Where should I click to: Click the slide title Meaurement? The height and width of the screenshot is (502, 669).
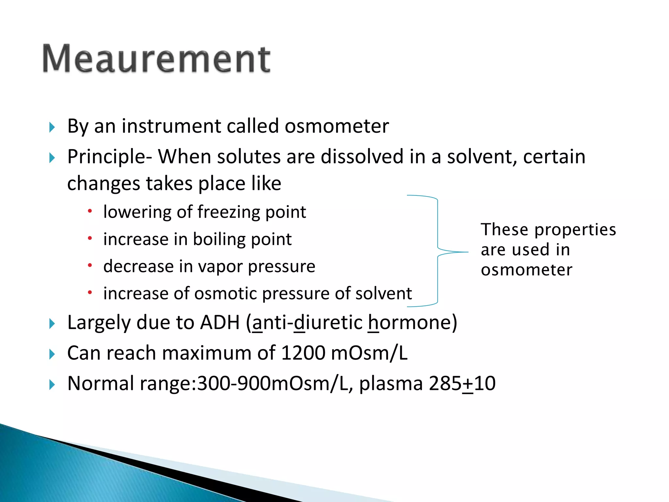point(156,59)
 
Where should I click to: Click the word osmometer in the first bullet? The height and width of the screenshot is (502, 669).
point(336,126)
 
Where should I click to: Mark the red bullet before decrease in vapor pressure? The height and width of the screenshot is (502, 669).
point(90,265)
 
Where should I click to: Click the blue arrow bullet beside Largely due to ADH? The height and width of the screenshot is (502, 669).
point(52,324)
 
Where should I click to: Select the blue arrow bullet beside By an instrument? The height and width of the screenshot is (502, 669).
point(52,127)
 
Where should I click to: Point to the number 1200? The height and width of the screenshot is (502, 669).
point(303,353)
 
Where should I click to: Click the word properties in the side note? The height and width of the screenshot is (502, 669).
point(575,230)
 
